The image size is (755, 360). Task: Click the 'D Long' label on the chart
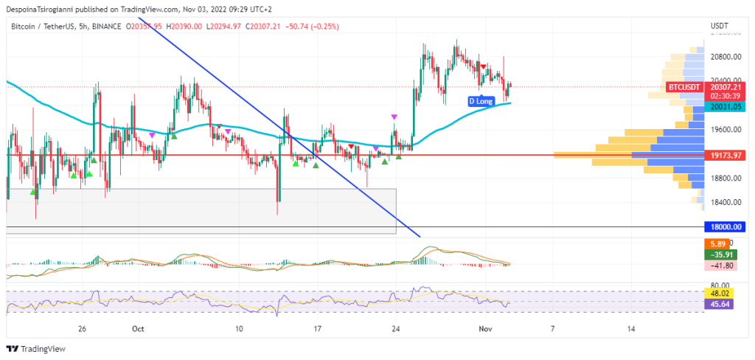point(480,100)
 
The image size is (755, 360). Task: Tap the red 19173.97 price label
point(726,156)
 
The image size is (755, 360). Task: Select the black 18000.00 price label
point(726,227)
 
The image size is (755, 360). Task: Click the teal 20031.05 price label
point(726,107)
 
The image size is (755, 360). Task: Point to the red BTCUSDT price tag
point(683,87)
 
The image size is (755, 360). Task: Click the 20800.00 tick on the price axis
point(726,56)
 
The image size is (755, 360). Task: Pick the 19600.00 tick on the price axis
point(726,129)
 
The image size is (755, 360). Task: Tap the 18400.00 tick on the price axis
point(726,202)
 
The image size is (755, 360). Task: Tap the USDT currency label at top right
point(719,26)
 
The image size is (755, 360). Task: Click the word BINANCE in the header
point(105,26)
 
